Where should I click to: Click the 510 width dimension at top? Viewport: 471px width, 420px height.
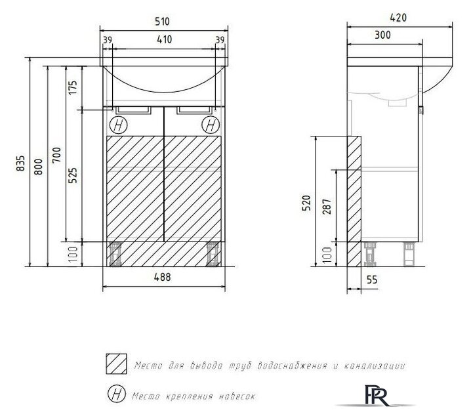click(164, 22)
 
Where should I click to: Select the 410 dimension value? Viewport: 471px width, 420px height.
click(164, 40)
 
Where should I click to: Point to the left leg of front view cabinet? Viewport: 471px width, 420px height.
click(118, 254)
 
